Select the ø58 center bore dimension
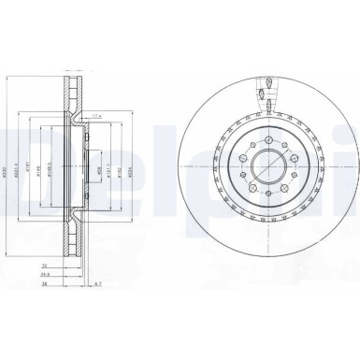click(100, 171)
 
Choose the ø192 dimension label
click(121, 172)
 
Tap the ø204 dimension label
click(131, 172)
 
